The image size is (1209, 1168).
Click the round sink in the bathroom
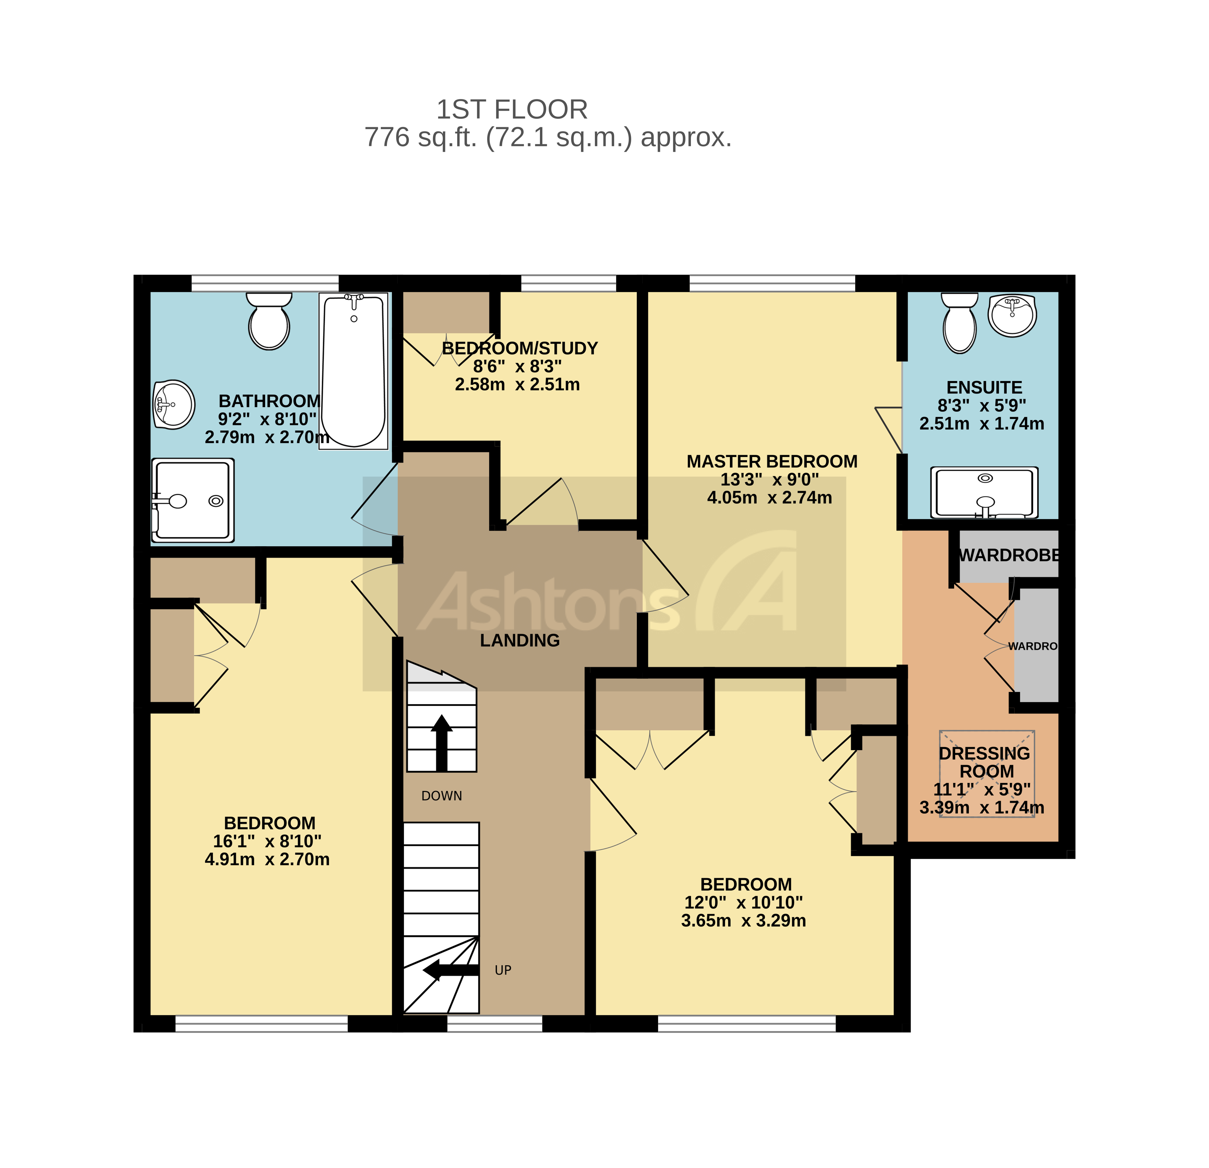point(174,404)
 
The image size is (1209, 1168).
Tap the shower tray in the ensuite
point(984,493)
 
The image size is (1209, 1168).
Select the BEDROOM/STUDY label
point(519,348)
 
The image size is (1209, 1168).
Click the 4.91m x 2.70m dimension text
point(267,859)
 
